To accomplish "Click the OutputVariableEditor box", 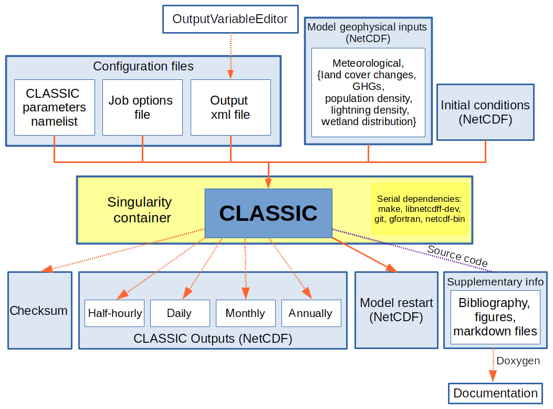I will pyautogui.click(x=230, y=19).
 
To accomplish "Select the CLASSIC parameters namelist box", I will pyautogui.click(x=54, y=107).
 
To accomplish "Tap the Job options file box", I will pyautogui.click(x=142, y=107).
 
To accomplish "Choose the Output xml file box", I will pyautogui.click(x=230, y=107).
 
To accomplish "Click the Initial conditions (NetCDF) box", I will pyautogui.click(x=485, y=112).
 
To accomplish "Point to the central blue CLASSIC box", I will pyautogui.click(x=268, y=213).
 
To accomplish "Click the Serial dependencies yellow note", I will pyautogui.click(x=419, y=209).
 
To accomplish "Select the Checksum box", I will pyautogui.click(x=39, y=310).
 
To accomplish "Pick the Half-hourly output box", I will pyautogui.click(x=114, y=313).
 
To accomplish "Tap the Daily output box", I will pyautogui.click(x=180, y=313).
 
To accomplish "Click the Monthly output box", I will pyautogui.click(x=245, y=313).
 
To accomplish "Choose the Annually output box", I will pyautogui.click(x=311, y=313).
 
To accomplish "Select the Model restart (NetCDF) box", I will pyautogui.click(x=396, y=310).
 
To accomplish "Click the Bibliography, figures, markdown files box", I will pyautogui.click(x=495, y=317).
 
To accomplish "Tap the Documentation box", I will pyautogui.click(x=495, y=393).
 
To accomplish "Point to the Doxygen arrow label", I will pyautogui.click(x=518, y=361).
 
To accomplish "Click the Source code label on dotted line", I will pyautogui.click(x=457, y=256).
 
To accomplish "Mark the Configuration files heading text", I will pyautogui.click(x=143, y=66).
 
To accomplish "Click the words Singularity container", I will pyautogui.click(x=140, y=210).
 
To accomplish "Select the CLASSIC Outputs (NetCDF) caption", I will pyautogui.click(x=213, y=339).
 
